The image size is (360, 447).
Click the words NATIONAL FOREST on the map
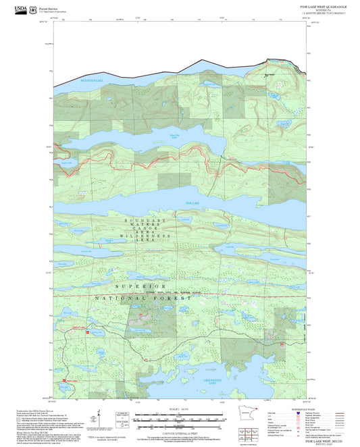143,298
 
